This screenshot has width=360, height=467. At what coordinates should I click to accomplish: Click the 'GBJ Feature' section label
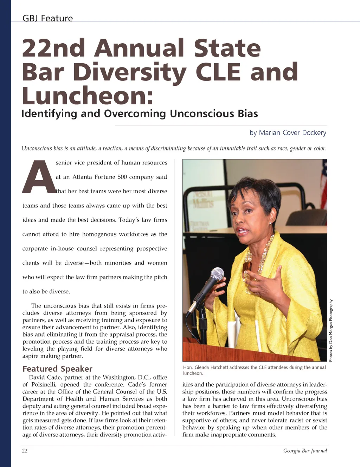click(x=47, y=18)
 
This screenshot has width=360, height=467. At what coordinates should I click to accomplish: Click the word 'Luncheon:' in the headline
click(x=88, y=96)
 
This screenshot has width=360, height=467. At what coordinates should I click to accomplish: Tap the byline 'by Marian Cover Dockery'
click(x=288, y=132)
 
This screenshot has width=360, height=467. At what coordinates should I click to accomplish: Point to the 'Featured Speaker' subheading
click(x=57, y=369)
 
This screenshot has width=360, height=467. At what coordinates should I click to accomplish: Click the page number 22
click(x=25, y=450)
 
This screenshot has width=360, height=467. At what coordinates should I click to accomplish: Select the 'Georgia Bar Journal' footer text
click(x=305, y=450)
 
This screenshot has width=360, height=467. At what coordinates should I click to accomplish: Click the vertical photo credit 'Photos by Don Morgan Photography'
click(x=330, y=330)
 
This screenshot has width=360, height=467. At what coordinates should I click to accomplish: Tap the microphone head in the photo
click(x=217, y=274)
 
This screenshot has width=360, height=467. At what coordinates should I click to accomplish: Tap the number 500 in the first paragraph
click(x=122, y=177)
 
